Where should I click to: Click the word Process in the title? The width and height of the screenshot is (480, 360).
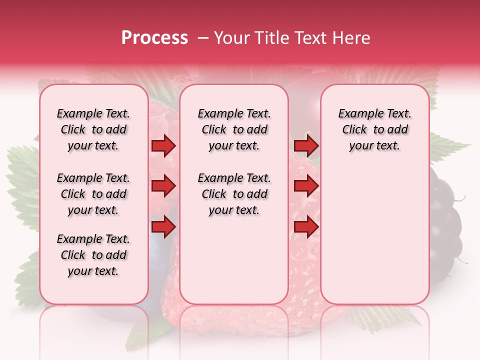pyautogui.click(x=154, y=38)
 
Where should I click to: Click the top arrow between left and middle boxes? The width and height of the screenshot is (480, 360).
pyautogui.click(x=163, y=146)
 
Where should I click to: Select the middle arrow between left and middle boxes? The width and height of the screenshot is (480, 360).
pyautogui.click(x=163, y=186)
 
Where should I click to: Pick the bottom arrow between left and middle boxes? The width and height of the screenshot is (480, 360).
pyautogui.click(x=163, y=227)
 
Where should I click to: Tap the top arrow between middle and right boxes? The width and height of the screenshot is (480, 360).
pyautogui.click(x=306, y=146)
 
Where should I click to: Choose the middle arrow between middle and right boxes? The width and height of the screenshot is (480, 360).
pyautogui.click(x=306, y=186)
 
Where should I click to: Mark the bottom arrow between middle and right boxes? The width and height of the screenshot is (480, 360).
pyautogui.click(x=306, y=227)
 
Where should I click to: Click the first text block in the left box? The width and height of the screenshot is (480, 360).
pyautogui.click(x=93, y=129)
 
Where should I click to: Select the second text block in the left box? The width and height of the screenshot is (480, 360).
pyautogui.click(x=93, y=194)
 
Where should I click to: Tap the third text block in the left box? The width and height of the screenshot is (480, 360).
pyautogui.click(x=93, y=255)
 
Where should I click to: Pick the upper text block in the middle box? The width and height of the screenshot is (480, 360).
pyautogui.click(x=234, y=129)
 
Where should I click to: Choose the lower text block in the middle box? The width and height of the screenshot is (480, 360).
pyautogui.click(x=234, y=194)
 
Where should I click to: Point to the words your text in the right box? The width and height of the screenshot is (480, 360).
pyautogui.click(x=374, y=146)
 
